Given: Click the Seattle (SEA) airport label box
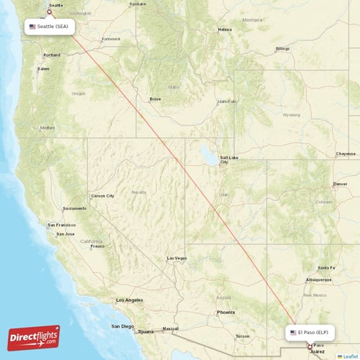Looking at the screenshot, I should tap(50, 27).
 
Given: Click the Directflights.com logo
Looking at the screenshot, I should tap(34, 336).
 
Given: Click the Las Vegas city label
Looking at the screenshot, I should tap(176, 258).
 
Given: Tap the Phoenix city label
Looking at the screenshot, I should tap(226, 312).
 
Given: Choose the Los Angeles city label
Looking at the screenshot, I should tap(130, 300).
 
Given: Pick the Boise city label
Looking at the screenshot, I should tap(155, 99).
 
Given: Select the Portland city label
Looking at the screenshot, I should tap(52, 55).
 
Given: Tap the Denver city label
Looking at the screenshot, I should tap(340, 184).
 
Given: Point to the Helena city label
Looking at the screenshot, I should tap(225, 30).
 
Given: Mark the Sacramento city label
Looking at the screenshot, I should tap(75, 208).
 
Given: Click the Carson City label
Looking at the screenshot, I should tap(102, 195).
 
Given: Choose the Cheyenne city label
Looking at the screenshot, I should tap(346, 153).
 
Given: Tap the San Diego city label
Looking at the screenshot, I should tap(122, 326).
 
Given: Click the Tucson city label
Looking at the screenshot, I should tap(242, 336).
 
